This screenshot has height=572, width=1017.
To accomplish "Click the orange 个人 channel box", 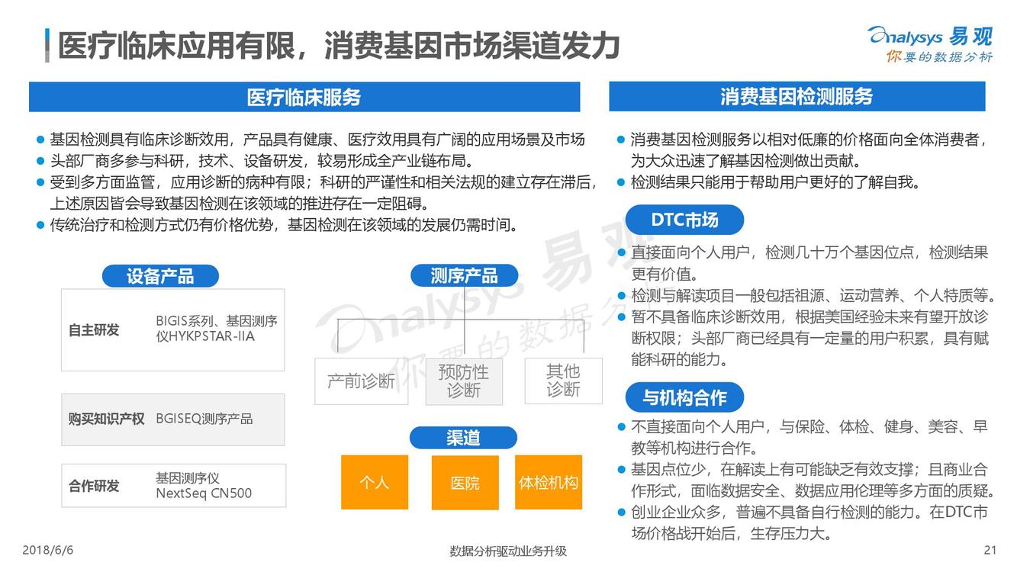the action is [x=375, y=482].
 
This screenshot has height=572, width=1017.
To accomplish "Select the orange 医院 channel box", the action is [x=465, y=483].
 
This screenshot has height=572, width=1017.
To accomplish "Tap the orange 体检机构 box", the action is [x=549, y=482].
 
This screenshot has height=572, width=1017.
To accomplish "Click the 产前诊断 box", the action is [x=362, y=381].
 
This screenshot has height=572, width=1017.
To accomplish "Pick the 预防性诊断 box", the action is [x=464, y=381].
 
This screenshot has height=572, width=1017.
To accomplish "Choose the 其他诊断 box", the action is [x=564, y=381].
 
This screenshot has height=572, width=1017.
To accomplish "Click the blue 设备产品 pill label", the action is [x=160, y=276].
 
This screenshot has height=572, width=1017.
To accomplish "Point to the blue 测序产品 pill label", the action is [x=464, y=275].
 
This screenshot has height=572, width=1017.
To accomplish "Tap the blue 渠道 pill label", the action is [x=463, y=438].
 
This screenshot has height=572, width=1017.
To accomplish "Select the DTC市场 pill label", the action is [x=684, y=220].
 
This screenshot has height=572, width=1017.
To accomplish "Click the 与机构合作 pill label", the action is [x=684, y=397].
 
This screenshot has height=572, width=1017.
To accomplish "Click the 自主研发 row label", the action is [x=94, y=330].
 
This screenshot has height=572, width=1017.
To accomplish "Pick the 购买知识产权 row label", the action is [x=106, y=419].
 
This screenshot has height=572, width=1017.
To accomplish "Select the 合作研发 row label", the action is [x=94, y=486].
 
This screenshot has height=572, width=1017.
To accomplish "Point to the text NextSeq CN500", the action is [x=204, y=493].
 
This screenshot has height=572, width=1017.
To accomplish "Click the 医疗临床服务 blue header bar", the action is [x=304, y=97].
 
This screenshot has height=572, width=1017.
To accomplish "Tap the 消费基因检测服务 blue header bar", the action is [x=797, y=96].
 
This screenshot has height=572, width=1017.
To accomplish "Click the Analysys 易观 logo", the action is [x=931, y=44].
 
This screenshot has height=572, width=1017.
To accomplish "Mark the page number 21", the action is [x=990, y=550].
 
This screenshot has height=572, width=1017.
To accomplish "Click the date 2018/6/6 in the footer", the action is [x=47, y=550].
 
